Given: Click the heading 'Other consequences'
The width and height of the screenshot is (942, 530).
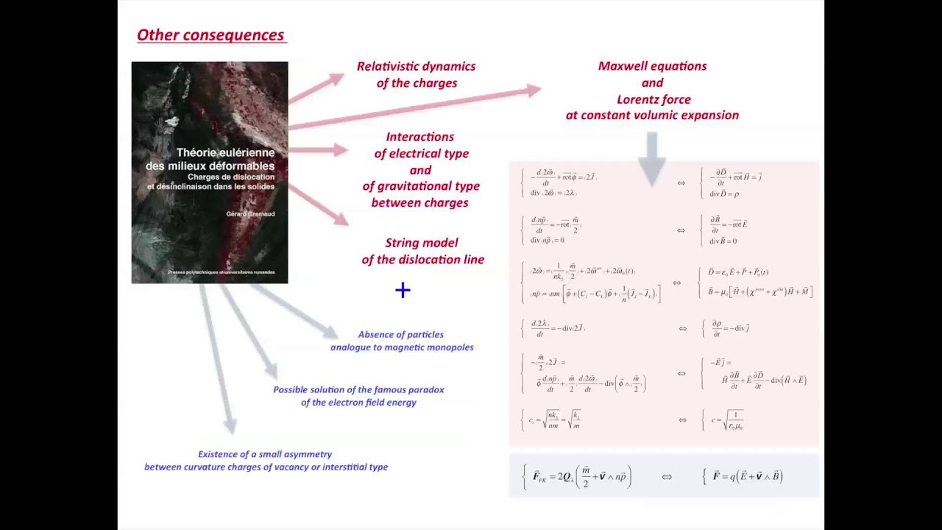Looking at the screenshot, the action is coord(210,35).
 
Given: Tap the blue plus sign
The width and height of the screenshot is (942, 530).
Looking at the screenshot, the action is coord(403,290).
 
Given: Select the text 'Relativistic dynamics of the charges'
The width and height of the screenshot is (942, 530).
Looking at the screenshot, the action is coord(416,74).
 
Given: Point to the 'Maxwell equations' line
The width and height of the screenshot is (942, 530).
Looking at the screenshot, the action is coord(652,66).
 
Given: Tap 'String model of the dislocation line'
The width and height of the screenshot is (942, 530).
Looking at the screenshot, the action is coord(422,251).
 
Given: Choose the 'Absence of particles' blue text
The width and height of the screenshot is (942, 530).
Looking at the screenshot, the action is coord(400,334).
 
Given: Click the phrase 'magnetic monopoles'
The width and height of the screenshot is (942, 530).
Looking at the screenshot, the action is coord(432,347).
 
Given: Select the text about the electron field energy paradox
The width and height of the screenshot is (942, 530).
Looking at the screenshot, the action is coord(358,396).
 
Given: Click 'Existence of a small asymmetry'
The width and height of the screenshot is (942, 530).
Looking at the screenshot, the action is coord(265,454).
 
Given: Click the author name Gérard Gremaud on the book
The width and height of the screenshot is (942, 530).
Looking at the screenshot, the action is coord(250,213).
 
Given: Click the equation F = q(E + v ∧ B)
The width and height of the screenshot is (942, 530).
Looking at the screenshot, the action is coord(747,476).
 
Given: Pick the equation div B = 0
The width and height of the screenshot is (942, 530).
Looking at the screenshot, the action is coord(723,241).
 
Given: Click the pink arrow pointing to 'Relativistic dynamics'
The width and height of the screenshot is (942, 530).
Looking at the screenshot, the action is coord(316,88).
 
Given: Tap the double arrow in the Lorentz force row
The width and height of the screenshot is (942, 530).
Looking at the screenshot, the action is coord(666,477).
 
